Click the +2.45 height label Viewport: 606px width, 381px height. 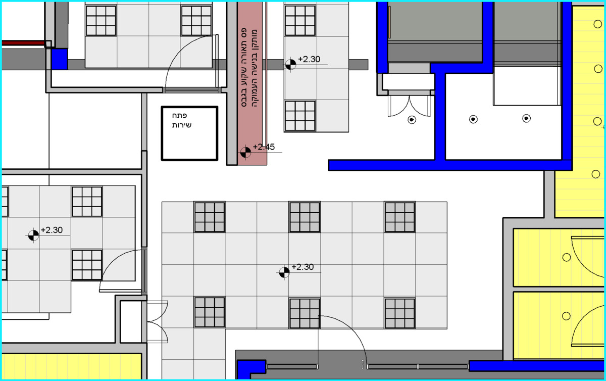[x=264, y=147]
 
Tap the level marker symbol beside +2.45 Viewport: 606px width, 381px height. [x=245, y=152]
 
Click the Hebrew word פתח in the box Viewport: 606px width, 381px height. [x=179, y=115]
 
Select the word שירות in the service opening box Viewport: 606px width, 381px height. [x=181, y=125]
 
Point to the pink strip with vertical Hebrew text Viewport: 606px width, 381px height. [x=252, y=83]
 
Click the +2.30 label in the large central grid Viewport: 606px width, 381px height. [x=302, y=267]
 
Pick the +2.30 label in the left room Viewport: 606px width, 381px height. [x=52, y=230]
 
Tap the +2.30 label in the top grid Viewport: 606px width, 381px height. [x=309, y=59]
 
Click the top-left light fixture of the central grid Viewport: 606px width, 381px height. [x=210, y=217]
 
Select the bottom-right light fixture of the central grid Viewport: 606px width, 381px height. [x=399, y=313]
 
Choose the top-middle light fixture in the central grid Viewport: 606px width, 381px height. [x=305, y=217]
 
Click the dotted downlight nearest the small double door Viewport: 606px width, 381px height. [x=412, y=119]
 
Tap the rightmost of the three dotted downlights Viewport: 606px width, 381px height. [x=526, y=118]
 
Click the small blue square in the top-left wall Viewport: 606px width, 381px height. [x=59, y=59]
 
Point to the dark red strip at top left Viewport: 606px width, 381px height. [x=23, y=43]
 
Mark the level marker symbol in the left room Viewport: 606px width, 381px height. [x=33, y=235]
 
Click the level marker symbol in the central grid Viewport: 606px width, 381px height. [x=284, y=272]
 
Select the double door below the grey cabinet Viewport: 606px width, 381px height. [x=409, y=106]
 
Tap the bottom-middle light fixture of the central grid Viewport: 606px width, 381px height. [x=305, y=313]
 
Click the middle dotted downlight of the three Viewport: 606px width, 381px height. [x=473, y=119]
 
